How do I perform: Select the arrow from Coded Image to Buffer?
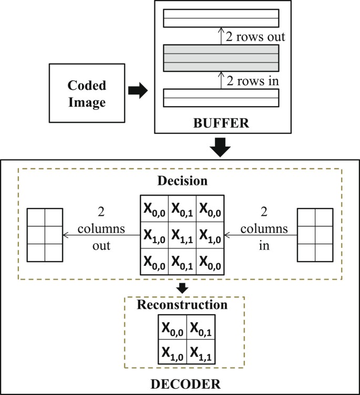(x=137, y=91)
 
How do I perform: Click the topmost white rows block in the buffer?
(x=220, y=18)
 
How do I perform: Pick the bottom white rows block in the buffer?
(x=220, y=98)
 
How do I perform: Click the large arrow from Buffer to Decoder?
(x=220, y=149)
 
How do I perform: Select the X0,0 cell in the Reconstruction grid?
(x=172, y=330)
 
